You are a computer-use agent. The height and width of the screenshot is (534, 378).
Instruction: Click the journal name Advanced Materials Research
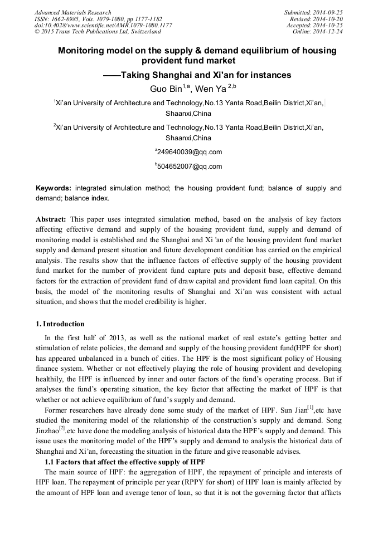[x=72, y=12]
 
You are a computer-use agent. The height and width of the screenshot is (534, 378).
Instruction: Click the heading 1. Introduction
[x=60, y=324]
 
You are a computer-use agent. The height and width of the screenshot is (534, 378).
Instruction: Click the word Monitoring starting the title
[x=81, y=51]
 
